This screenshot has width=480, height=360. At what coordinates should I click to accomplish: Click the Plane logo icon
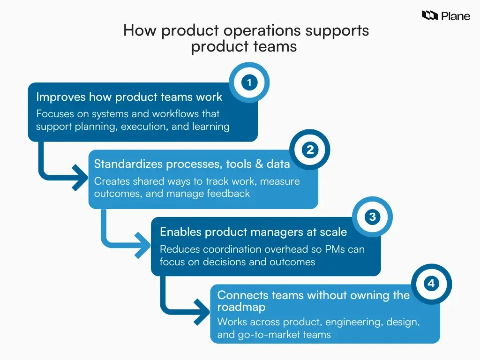[430, 16]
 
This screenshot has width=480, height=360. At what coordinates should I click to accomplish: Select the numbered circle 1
[249, 83]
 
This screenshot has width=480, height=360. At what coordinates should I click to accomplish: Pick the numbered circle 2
[310, 150]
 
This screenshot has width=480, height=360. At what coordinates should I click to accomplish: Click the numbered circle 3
[372, 217]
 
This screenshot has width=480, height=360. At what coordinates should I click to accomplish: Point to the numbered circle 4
[431, 284]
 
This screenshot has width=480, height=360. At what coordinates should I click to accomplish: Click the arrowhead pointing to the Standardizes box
[81, 178]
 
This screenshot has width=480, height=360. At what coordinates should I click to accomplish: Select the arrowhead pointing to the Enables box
[142, 245]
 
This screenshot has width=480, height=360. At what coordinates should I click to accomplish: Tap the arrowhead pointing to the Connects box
[202, 311]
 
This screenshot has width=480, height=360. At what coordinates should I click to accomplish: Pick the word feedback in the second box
[229, 193]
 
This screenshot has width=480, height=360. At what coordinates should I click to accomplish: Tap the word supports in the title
[337, 30]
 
